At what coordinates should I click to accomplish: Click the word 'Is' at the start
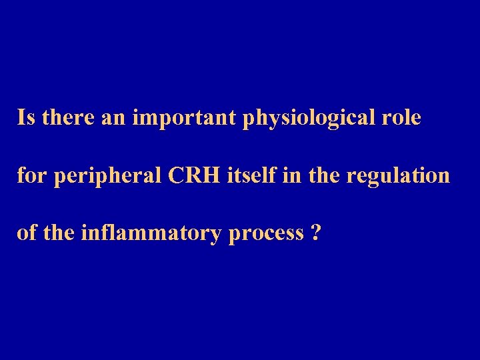(26, 118)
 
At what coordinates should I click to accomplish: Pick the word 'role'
(401, 118)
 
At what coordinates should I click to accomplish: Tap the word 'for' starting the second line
(29, 176)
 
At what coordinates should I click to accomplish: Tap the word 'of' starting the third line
(26, 233)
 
